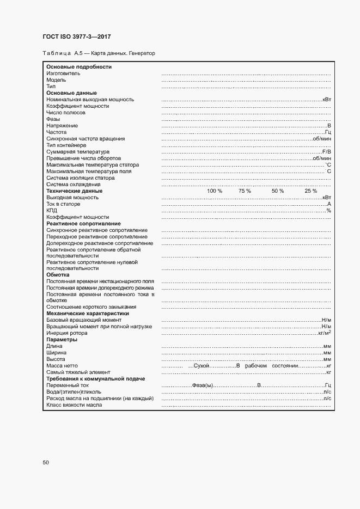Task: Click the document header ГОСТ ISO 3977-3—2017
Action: (77, 37)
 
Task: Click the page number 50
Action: (46, 463)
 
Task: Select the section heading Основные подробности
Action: (79, 67)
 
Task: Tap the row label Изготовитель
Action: (63, 73)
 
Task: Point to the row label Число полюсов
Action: (66, 113)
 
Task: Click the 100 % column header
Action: (215, 191)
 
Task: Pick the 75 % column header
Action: (245, 191)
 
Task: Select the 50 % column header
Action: (278, 191)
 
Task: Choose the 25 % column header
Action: (311, 191)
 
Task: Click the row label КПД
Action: (52, 211)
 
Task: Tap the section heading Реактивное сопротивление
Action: (83, 224)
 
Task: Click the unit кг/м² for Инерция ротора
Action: (325, 333)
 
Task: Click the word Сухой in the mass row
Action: (202, 365)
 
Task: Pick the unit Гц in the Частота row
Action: (328, 132)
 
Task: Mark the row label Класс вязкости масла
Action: (74, 404)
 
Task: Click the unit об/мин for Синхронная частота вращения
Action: (322, 139)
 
